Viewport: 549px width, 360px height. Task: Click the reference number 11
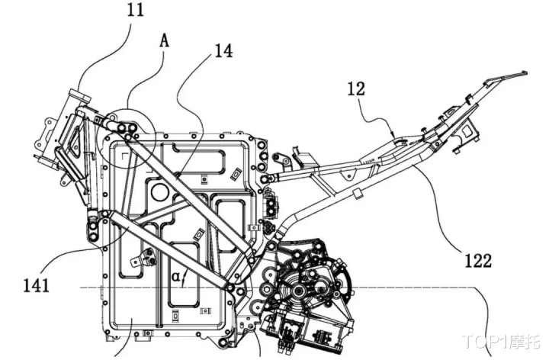coord(135,10)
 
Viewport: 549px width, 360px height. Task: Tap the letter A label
coord(164,41)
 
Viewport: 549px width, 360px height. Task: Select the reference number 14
coord(223,51)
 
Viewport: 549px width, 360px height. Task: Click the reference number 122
coord(478,260)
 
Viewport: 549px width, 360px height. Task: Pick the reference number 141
coord(37,285)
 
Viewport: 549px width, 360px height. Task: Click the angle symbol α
coord(176,277)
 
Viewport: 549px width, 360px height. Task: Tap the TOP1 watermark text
coord(502,342)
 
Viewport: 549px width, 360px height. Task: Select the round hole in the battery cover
coord(159,192)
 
